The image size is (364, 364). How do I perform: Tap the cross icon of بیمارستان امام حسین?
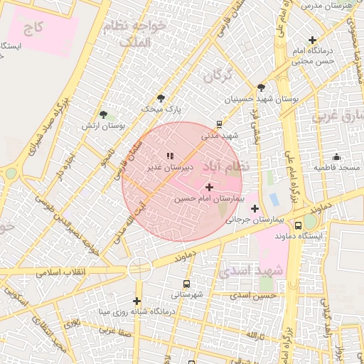[x=209, y=187]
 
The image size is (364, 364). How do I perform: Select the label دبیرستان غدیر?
[x=170, y=168]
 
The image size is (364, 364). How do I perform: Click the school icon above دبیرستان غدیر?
[x=170, y=156]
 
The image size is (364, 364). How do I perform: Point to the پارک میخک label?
[x=161, y=109]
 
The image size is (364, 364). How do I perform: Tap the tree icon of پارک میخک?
[x=161, y=98]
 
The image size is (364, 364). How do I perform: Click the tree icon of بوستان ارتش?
[x=104, y=114]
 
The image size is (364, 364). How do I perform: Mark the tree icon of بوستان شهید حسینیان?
[x=262, y=88]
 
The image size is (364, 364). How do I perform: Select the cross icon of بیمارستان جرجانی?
[x=255, y=208]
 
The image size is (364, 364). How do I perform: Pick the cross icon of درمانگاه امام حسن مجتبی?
[x=312, y=40]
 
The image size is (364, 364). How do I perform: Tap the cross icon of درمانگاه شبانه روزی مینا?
[x=136, y=301]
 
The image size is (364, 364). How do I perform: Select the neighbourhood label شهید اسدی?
[x=251, y=271]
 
